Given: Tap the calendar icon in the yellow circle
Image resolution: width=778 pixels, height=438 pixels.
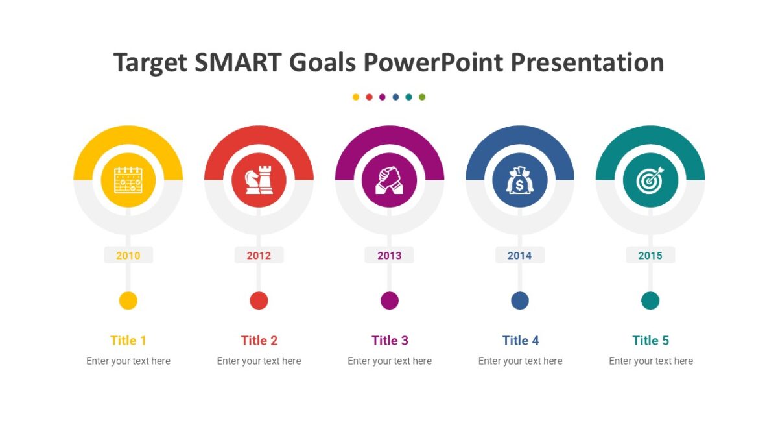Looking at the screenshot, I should click(x=128, y=180).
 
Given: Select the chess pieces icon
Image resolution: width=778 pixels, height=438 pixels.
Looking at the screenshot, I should click(x=259, y=180).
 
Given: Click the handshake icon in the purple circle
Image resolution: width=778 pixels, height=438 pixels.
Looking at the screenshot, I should click(x=389, y=180).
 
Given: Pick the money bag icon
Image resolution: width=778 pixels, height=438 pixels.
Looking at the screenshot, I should click(x=519, y=180).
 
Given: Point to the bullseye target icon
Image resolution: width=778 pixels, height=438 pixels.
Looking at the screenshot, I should click(x=650, y=180).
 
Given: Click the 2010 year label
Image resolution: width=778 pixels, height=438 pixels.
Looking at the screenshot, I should click(x=128, y=256).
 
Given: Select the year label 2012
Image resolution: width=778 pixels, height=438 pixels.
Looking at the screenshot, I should click(x=259, y=256).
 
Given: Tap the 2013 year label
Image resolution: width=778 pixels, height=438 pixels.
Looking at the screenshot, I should click(x=389, y=256).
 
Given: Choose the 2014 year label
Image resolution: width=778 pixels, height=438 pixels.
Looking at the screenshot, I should click(x=519, y=256).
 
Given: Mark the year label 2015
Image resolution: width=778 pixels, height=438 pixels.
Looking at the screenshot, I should click(x=650, y=256).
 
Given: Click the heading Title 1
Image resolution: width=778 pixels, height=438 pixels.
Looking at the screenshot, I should click(x=128, y=341).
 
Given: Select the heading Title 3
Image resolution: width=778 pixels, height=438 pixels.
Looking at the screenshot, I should click(x=390, y=341).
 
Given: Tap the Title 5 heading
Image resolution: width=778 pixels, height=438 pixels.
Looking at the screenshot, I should click(x=650, y=341).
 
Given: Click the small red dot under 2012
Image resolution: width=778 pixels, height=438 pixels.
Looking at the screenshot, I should click(x=259, y=301).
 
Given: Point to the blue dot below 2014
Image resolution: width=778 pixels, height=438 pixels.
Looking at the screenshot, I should click(x=519, y=301).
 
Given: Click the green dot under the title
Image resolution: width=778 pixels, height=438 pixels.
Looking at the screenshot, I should click(x=422, y=97).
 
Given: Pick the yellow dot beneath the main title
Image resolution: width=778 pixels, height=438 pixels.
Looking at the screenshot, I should click(x=356, y=97).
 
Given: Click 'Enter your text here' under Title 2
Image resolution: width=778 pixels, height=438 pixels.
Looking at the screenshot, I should click(x=259, y=361).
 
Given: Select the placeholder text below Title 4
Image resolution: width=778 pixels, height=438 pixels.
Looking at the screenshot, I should click(x=520, y=361).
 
